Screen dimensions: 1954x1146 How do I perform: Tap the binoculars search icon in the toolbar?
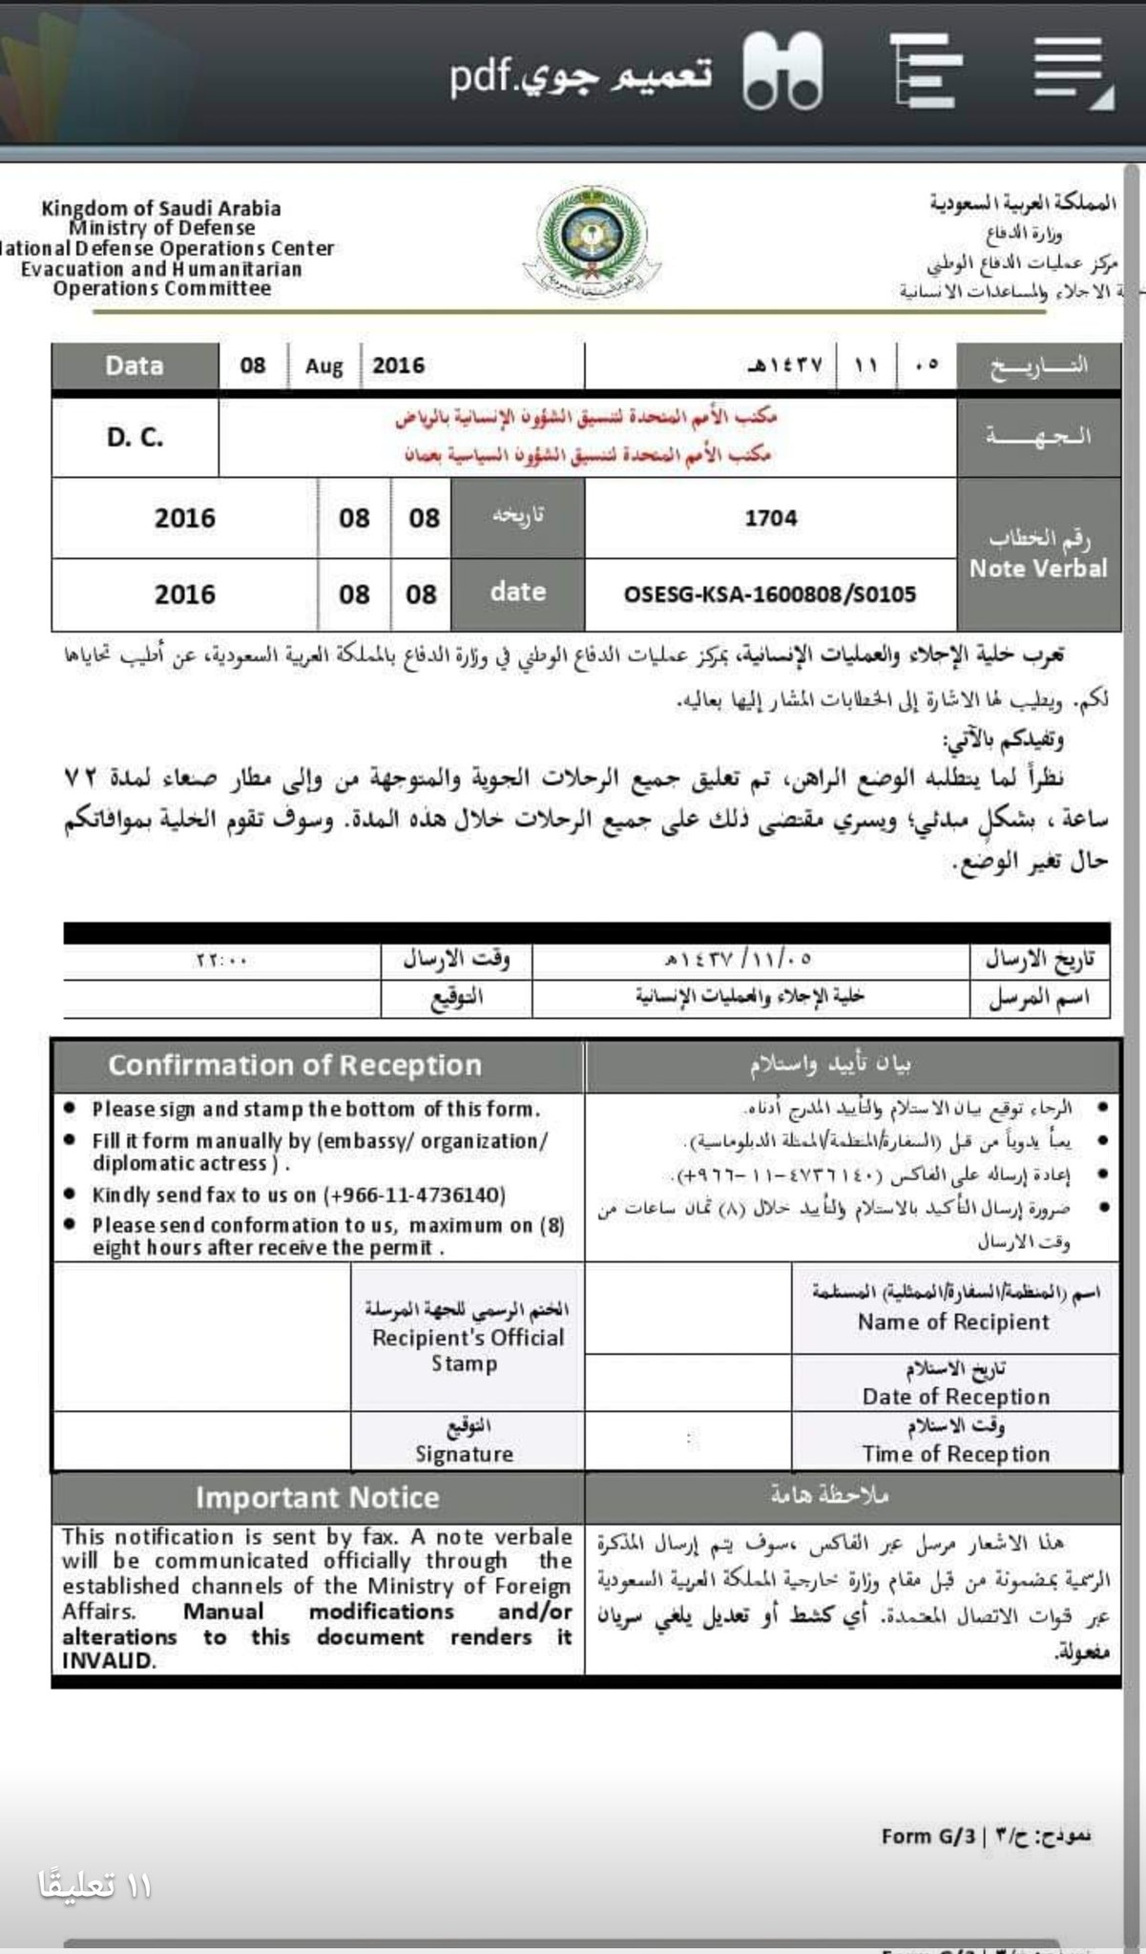782,71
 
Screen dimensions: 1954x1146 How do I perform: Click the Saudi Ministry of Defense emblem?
583,242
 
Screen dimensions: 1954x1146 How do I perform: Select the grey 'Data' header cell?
135,366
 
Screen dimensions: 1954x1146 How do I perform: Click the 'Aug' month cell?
324,366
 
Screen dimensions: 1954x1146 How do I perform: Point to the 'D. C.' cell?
135,438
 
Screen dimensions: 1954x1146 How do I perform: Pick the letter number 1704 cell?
770,518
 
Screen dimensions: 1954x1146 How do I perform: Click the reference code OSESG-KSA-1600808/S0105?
769,594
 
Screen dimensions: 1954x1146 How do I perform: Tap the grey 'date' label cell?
517,592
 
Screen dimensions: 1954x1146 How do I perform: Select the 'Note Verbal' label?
1038,569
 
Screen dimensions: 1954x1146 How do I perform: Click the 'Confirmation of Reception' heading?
295,1066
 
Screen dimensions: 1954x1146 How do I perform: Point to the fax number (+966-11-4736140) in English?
414,1195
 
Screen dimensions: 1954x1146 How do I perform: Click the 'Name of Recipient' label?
953,1322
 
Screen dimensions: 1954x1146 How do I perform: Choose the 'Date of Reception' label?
955,1397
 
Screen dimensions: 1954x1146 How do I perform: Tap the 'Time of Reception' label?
955,1454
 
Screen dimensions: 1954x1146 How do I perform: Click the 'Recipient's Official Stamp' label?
468,1350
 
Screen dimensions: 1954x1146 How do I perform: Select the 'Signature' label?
464,1454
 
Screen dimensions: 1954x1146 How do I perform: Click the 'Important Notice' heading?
317,1498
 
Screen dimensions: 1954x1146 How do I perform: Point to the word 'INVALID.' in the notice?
108,1661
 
